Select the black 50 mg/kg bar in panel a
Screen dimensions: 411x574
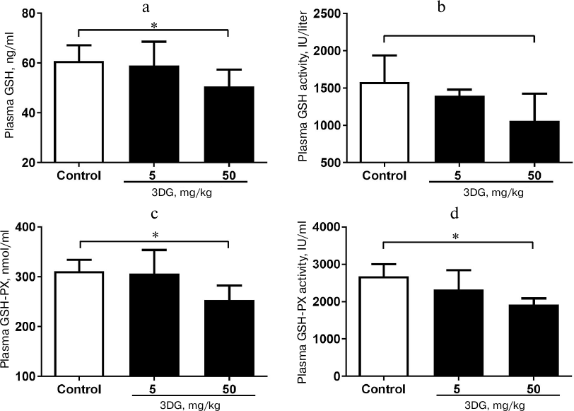[228, 125]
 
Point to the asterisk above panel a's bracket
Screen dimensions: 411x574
[153, 25]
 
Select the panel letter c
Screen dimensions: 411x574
[153, 214]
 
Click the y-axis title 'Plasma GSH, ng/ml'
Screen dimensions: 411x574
[9, 88]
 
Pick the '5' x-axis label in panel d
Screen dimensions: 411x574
[459, 388]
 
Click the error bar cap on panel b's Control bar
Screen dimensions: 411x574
[383, 55]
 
